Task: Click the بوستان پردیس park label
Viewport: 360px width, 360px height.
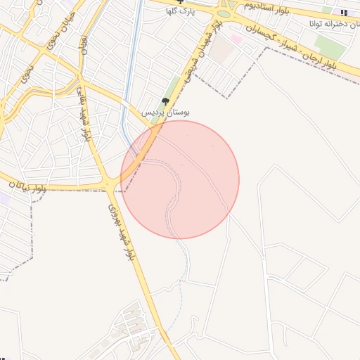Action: point(166,112)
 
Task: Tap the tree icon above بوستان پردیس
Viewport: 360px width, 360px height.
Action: point(166,102)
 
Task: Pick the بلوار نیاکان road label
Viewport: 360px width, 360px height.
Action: point(28,186)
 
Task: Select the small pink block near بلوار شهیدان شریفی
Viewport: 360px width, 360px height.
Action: point(237,39)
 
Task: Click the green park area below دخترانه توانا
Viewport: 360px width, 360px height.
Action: point(330,48)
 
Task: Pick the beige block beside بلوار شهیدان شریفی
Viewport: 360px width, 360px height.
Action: point(221,50)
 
